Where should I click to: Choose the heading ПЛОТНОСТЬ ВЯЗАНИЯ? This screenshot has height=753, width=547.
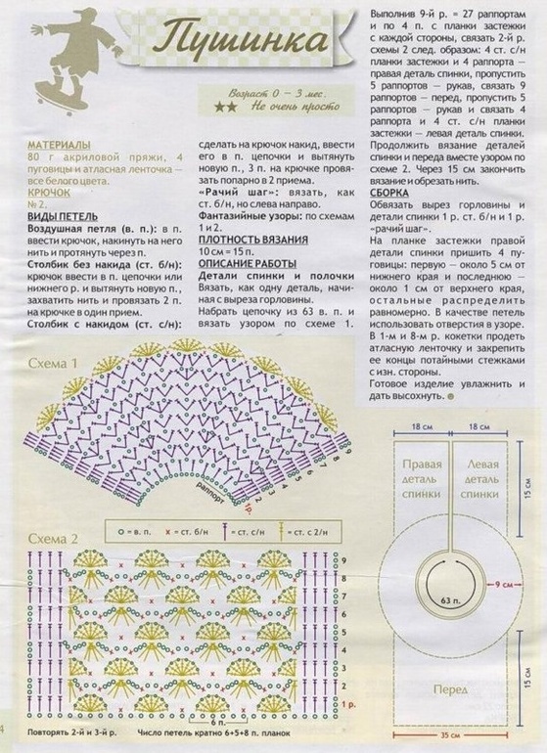pos(258,239)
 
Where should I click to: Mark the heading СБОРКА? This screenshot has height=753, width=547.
pos(389,193)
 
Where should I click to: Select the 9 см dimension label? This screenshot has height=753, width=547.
pos(503,583)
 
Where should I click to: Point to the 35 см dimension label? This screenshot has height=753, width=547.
pos(450,731)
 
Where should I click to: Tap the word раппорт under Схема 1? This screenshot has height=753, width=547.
pos(209,486)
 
